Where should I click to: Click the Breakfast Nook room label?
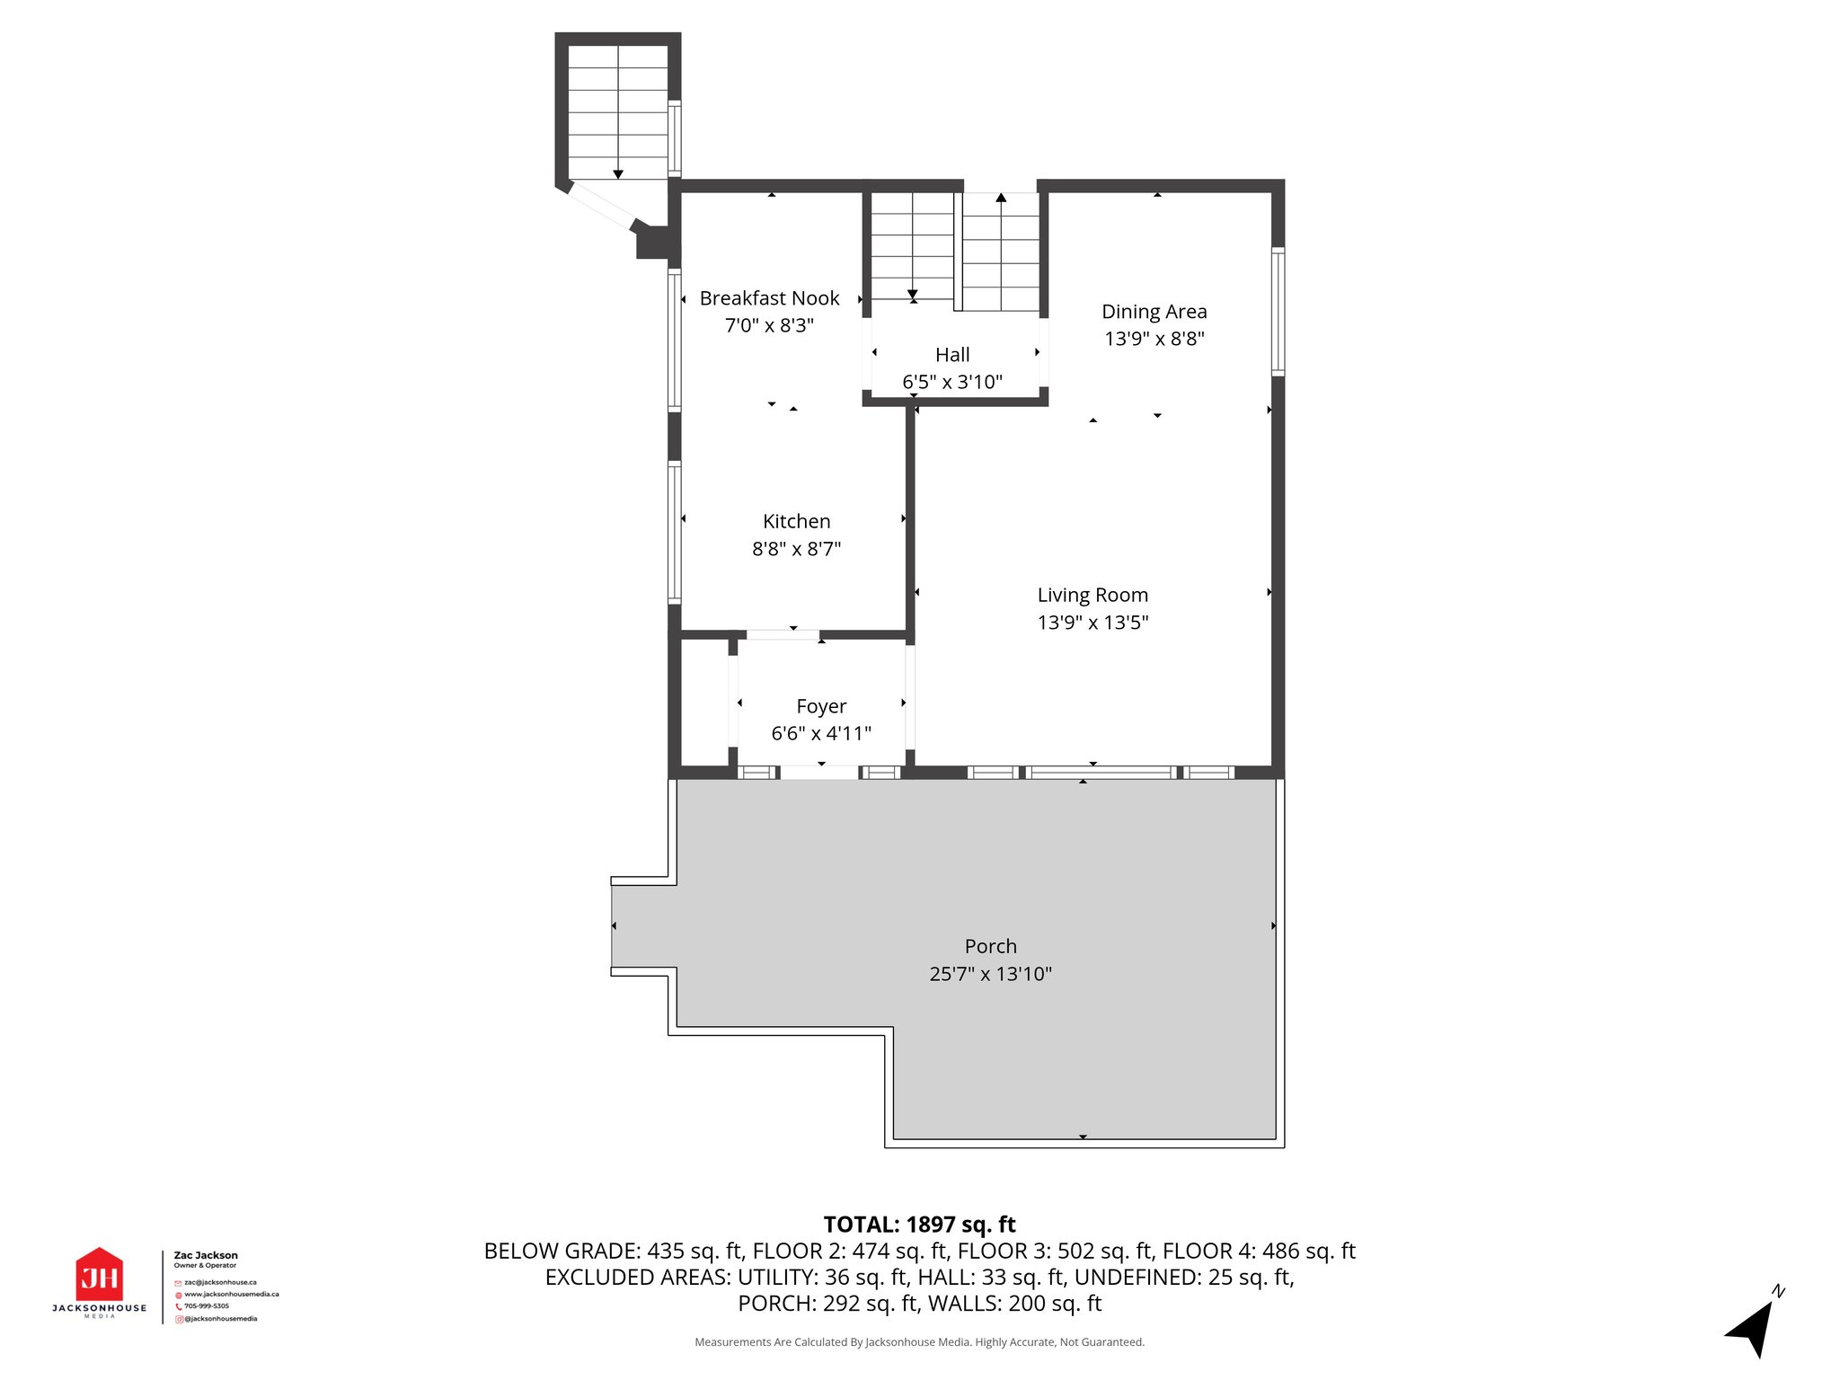pos(769,298)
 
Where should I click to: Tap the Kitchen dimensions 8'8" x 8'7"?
pos(796,549)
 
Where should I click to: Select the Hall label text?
pos(952,355)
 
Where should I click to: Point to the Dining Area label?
pos(1154,313)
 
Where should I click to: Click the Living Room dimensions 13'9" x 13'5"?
pos(1092,623)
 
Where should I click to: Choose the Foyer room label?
pos(821,707)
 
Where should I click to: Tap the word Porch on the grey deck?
pos(991,946)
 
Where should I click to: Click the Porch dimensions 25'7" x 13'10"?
pos(991,974)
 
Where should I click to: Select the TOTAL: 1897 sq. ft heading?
pos(920,1225)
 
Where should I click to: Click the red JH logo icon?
pos(99,1274)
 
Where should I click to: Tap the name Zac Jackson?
pos(206,1255)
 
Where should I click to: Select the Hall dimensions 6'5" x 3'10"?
pos(952,382)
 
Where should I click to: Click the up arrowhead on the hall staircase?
pos(1001,198)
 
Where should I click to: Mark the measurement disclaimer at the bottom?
pos(919,1342)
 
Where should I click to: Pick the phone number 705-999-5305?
pos(207,1306)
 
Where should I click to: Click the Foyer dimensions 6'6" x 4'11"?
pos(821,734)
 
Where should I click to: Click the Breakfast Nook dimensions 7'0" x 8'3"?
pos(769,325)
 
